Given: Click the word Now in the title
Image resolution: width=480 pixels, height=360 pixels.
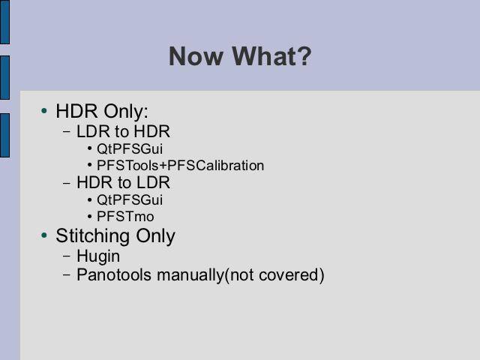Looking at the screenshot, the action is coord(196,56).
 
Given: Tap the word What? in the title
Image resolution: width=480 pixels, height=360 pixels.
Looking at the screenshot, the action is coord(271,56).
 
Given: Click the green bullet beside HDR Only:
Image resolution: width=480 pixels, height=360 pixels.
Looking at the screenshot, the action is coord(44,110).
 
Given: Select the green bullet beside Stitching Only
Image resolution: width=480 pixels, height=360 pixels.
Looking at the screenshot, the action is coord(44,235).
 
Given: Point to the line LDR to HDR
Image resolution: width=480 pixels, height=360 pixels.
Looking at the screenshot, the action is coord(123,131).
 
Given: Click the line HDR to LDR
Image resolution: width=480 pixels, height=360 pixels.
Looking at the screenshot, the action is coord(123,182).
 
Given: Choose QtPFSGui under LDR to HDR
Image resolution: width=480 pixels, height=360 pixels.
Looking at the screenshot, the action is coord(130,148).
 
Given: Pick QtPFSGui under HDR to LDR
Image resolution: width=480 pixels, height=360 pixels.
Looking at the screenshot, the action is coord(130,200).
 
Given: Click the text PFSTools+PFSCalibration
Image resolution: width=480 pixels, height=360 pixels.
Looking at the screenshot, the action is coord(180,166).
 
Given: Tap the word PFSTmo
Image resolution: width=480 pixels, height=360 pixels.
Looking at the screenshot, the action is coord(125,217).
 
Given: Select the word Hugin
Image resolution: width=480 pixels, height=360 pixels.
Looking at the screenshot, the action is coord(98,256).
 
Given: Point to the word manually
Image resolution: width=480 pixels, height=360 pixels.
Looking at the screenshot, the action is coord(190,275).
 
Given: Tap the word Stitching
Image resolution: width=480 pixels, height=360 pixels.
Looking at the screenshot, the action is coord(93,236).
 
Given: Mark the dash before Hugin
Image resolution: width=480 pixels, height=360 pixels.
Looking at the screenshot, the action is coord(67,256).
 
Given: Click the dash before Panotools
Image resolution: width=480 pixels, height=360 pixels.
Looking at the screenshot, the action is coord(67,274).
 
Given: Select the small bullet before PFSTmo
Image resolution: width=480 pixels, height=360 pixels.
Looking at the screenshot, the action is coord(89,217).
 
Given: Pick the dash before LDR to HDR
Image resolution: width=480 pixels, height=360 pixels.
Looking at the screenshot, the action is coord(67,132).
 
